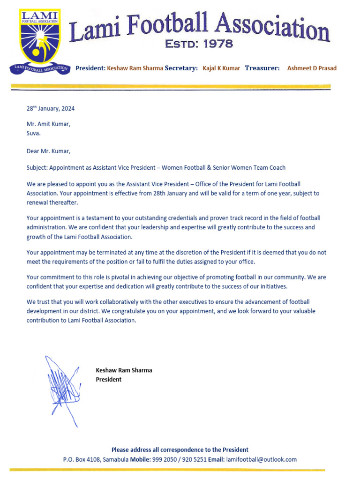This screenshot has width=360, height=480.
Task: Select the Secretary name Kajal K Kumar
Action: click(221, 68)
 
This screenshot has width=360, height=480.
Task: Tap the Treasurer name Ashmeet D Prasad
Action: click(312, 68)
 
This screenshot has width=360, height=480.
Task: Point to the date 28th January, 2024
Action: click(50, 109)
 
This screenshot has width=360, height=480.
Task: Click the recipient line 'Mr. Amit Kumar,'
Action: click(49, 124)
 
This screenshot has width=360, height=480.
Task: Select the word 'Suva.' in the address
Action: click(34, 133)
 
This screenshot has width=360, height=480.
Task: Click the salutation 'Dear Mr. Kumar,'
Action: click(49, 151)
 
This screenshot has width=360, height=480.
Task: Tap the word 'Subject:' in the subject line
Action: click(37, 168)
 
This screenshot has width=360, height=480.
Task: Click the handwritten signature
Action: click(61, 389)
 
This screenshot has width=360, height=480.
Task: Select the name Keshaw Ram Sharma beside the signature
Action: click(124, 370)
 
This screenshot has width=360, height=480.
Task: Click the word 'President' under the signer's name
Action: click(108, 380)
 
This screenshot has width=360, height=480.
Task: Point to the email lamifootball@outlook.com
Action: click(261, 460)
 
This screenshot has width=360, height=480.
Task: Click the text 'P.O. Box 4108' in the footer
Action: click(82, 460)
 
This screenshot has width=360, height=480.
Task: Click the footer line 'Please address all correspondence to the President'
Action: click(180, 450)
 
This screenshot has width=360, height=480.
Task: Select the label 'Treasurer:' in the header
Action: click(262, 68)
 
